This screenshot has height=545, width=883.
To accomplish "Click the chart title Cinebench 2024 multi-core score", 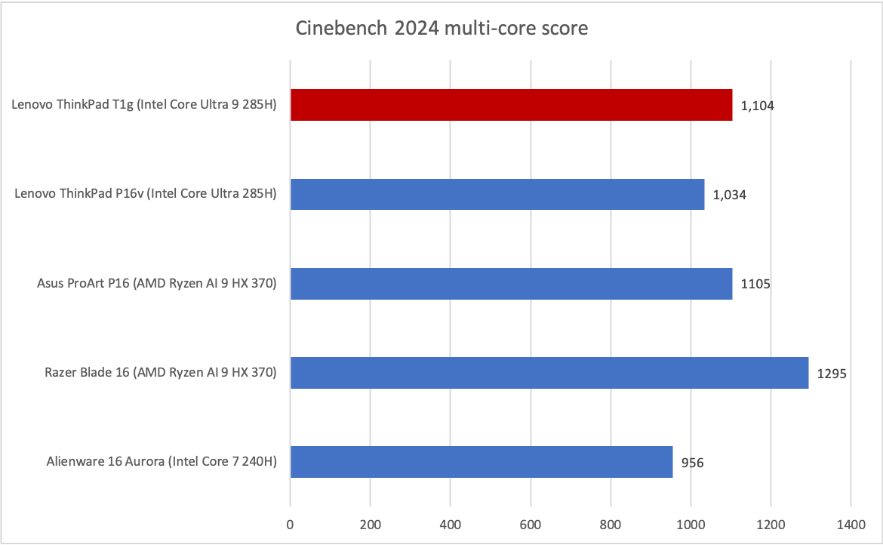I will pos(441,29).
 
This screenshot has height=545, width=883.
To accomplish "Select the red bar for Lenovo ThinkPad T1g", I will pos(511,105).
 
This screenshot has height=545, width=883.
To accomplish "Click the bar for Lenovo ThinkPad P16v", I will pos(497,194).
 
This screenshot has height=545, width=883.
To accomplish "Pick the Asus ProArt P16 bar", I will pos(511,284).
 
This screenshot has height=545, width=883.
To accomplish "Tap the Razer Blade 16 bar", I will pos(549,373).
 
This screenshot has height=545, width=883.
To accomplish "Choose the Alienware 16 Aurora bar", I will pos(481,462).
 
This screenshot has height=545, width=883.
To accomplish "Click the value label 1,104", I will pos(757,106).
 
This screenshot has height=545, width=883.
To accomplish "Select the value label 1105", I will pos(755,285).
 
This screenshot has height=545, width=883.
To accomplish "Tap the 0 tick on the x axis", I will pos(291,523).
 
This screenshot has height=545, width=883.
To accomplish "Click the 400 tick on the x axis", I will pos(450,523).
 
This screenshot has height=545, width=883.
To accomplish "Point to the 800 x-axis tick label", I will pos(611,523).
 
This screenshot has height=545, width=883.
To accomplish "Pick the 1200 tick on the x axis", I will pos(770,523).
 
